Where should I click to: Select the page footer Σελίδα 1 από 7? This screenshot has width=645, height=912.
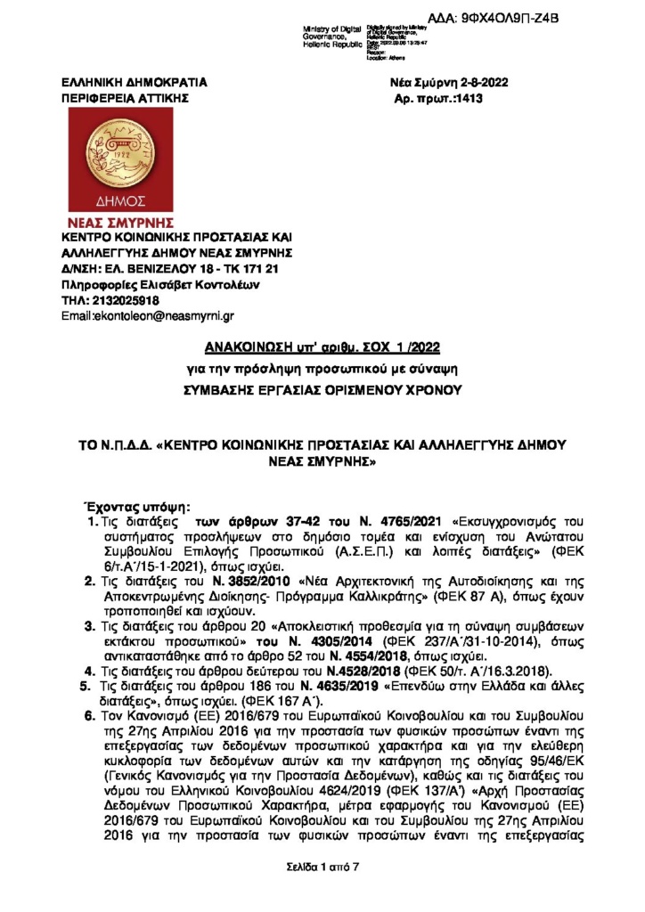pos(322,866)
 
